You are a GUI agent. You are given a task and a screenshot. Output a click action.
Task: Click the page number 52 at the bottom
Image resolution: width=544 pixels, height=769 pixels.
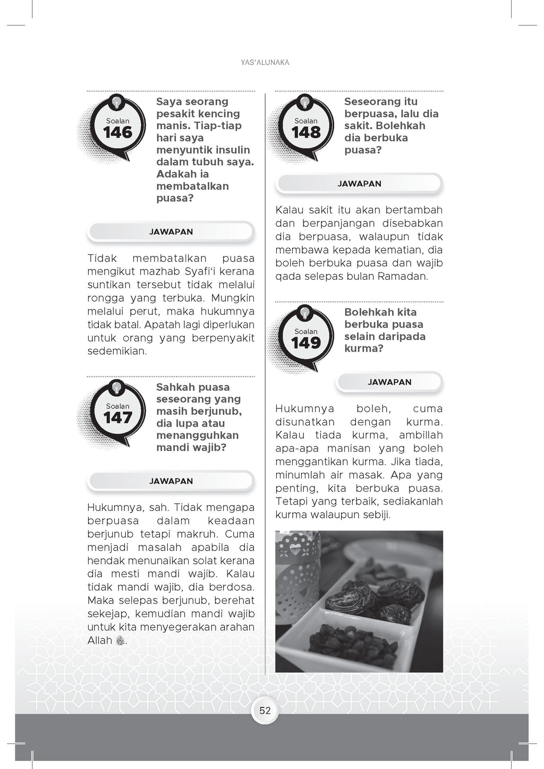tap(265, 711)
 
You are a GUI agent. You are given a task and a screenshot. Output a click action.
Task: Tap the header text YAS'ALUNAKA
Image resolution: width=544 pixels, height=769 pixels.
tap(265, 63)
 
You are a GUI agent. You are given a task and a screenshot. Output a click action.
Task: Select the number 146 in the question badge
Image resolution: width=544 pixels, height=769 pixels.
tap(117, 133)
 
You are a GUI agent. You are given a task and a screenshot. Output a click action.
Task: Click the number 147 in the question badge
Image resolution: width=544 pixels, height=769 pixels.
tap(117, 418)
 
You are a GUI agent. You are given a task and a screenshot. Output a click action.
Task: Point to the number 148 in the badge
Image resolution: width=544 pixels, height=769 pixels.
tap(306, 133)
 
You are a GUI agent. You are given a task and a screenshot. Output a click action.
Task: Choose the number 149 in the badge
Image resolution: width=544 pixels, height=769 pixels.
tap(306, 343)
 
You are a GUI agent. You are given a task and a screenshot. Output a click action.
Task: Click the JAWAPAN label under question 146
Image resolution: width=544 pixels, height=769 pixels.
tap(171, 232)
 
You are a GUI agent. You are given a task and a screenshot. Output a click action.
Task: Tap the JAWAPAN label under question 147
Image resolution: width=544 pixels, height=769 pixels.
tap(171, 481)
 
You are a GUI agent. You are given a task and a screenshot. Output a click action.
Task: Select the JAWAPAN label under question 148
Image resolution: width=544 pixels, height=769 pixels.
tap(360, 184)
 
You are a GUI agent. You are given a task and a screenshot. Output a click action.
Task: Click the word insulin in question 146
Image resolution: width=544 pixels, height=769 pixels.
tap(232, 150)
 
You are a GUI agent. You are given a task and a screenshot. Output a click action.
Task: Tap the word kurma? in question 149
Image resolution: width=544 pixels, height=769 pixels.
tap(364, 348)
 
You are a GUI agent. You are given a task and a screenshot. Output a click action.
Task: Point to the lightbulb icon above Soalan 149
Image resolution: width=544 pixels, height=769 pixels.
tap(305, 312)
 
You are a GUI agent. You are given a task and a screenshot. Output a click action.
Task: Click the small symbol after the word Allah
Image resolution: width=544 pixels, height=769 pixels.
tap(121, 640)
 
